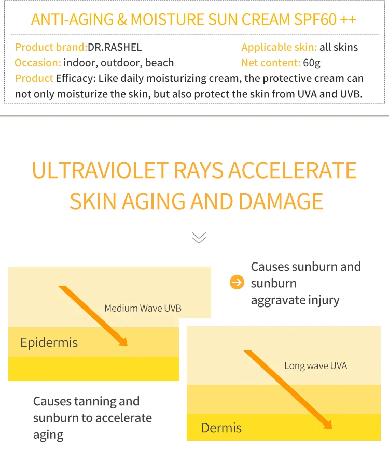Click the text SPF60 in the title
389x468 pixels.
315,20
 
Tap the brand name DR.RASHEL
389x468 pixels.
115,47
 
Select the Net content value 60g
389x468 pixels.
312,63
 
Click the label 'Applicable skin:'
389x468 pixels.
279,47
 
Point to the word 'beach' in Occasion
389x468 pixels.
159,63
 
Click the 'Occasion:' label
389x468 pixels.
38,63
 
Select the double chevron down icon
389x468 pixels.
199,238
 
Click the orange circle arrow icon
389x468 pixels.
237,283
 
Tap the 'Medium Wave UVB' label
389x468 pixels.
143,309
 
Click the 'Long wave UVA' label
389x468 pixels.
315,366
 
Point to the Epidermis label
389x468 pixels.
49,342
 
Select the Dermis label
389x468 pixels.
221,428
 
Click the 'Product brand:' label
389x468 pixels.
51,47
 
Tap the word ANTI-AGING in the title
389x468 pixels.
72,20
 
